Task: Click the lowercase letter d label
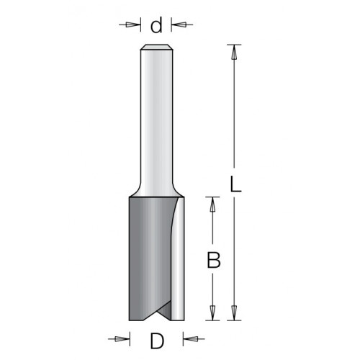point(156,26)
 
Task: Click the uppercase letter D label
point(157,341)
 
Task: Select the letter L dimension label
point(235,184)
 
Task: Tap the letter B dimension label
point(213,260)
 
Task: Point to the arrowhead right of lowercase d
point(179,24)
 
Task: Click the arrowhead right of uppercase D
point(191,339)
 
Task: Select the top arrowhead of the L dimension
point(234,53)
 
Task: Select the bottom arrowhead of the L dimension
point(234,313)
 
